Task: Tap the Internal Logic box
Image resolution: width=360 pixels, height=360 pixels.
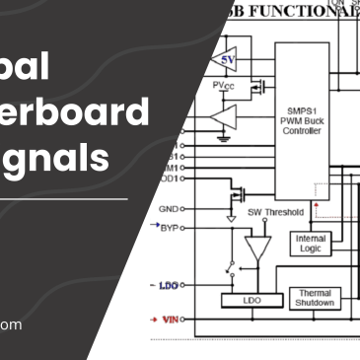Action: (x=310, y=243)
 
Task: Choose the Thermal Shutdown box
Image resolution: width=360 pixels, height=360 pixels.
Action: (x=314, y=297)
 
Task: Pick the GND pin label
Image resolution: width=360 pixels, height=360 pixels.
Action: (x=169, y=209)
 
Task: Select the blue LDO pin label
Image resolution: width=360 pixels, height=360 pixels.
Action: (x=169, y=286)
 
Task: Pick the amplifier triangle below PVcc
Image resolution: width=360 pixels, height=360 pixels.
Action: (x=224, y=120)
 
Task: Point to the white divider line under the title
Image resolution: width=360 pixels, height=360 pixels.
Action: (x=64, y=199)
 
